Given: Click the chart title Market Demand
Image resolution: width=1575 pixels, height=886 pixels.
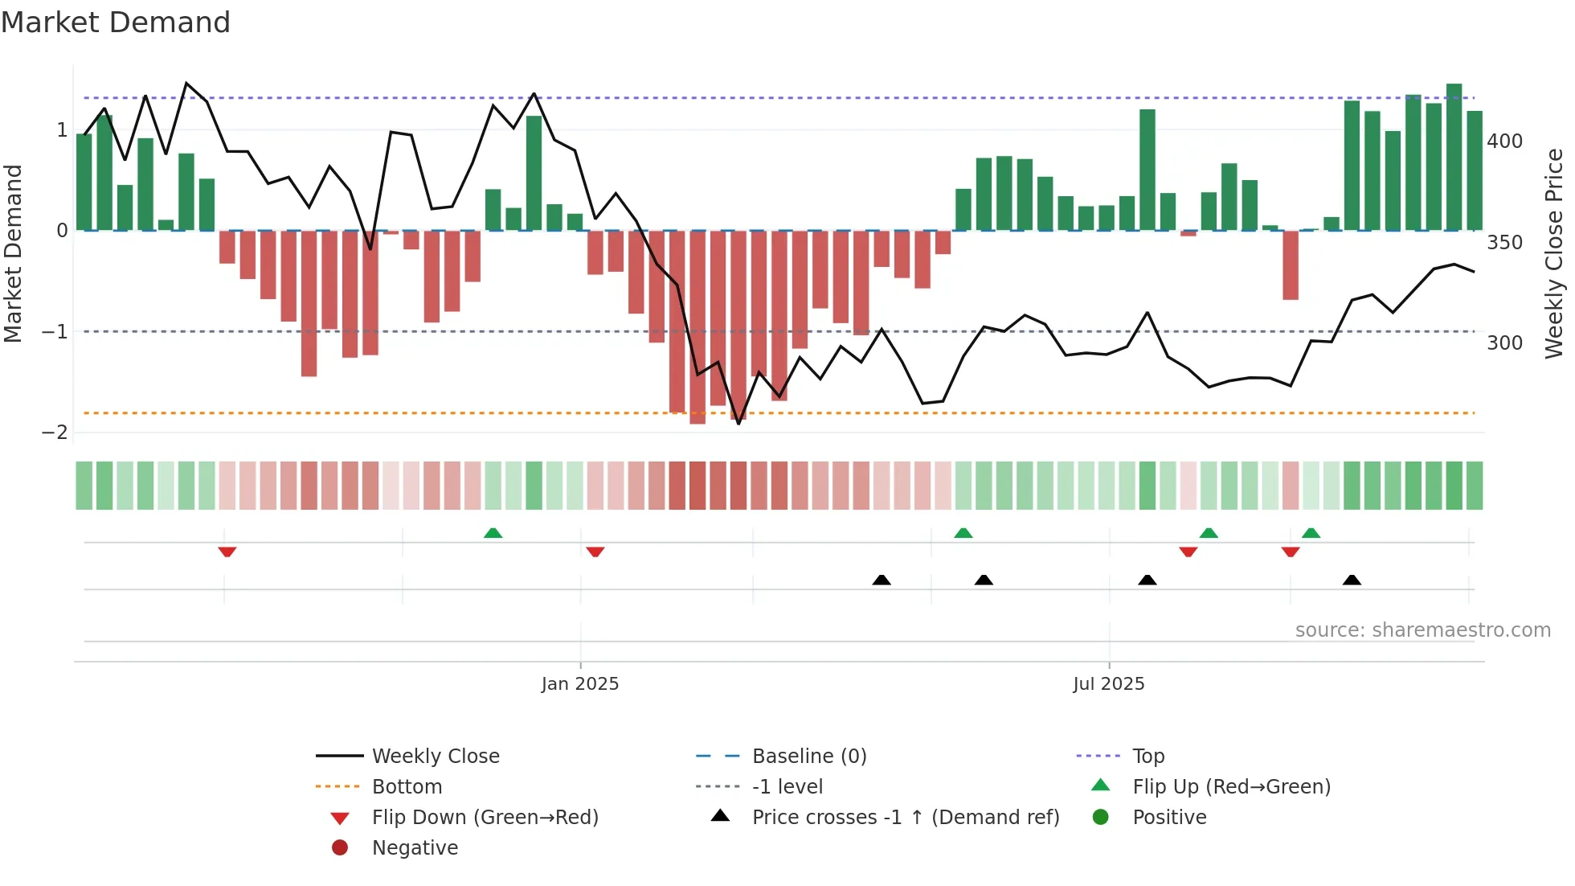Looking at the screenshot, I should pos(116,23).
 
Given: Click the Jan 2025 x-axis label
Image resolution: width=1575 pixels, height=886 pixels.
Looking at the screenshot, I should pos(579,684).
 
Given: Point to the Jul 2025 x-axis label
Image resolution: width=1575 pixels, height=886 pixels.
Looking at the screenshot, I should pos(1108,684).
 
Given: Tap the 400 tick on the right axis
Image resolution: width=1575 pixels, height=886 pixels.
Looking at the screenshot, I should pos(1504,142).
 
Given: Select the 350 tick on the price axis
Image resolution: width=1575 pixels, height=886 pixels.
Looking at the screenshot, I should pos(1504,243).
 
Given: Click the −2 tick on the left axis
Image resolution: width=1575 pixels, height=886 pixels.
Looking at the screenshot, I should pos(55,433).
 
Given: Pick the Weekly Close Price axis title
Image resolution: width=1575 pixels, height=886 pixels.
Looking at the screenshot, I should pos(1554,253).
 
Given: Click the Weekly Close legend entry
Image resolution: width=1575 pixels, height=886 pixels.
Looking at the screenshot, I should pos(435,757).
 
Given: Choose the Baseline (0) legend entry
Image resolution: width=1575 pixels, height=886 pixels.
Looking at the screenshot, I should pos(808,757).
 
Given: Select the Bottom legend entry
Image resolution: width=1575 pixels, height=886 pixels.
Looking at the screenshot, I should pos(407,787).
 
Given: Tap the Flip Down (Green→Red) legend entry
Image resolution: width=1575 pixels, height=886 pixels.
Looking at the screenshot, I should pos(485,818).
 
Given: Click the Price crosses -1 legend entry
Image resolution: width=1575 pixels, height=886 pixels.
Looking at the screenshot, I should pos(905,818).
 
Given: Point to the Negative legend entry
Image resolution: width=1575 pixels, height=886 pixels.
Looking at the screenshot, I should pos(415,848).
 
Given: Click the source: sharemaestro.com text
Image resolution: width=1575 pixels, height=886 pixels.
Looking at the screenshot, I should pos(1422,630).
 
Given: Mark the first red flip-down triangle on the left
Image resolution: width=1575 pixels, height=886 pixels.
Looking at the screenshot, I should pos(227,552).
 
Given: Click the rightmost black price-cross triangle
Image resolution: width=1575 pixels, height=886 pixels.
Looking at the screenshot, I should pos(1352,580).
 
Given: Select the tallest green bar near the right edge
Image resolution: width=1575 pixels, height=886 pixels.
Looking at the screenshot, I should pos(1454,157).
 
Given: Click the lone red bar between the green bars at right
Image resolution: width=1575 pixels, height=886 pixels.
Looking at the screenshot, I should pos(1291,265).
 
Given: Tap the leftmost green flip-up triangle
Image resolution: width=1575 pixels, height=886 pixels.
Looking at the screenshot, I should pos(493,533).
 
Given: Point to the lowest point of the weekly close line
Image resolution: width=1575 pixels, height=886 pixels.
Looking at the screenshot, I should pos(738,423).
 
